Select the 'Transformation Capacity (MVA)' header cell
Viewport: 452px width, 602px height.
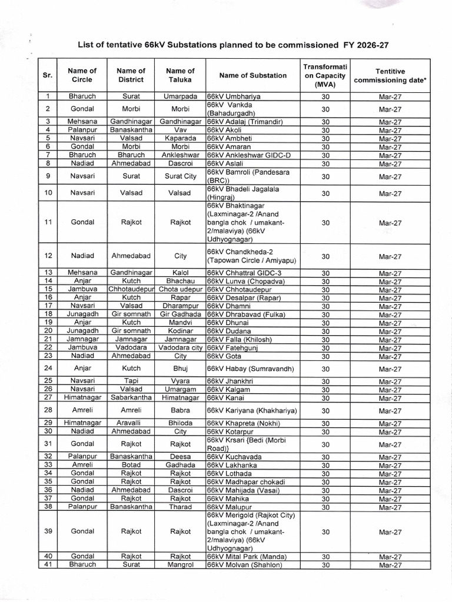[x=325, y=75]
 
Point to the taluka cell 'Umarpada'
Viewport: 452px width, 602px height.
[x=181, y=96]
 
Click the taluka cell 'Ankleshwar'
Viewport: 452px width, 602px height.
[x=181, y=155]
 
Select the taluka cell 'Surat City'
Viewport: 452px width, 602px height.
[x=181, y=176]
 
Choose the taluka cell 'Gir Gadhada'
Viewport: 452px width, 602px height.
[x=181, y=315]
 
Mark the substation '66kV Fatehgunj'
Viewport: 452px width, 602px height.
[x=232, y=348]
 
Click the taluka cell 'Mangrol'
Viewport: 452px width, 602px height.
[x=181, y=565]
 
